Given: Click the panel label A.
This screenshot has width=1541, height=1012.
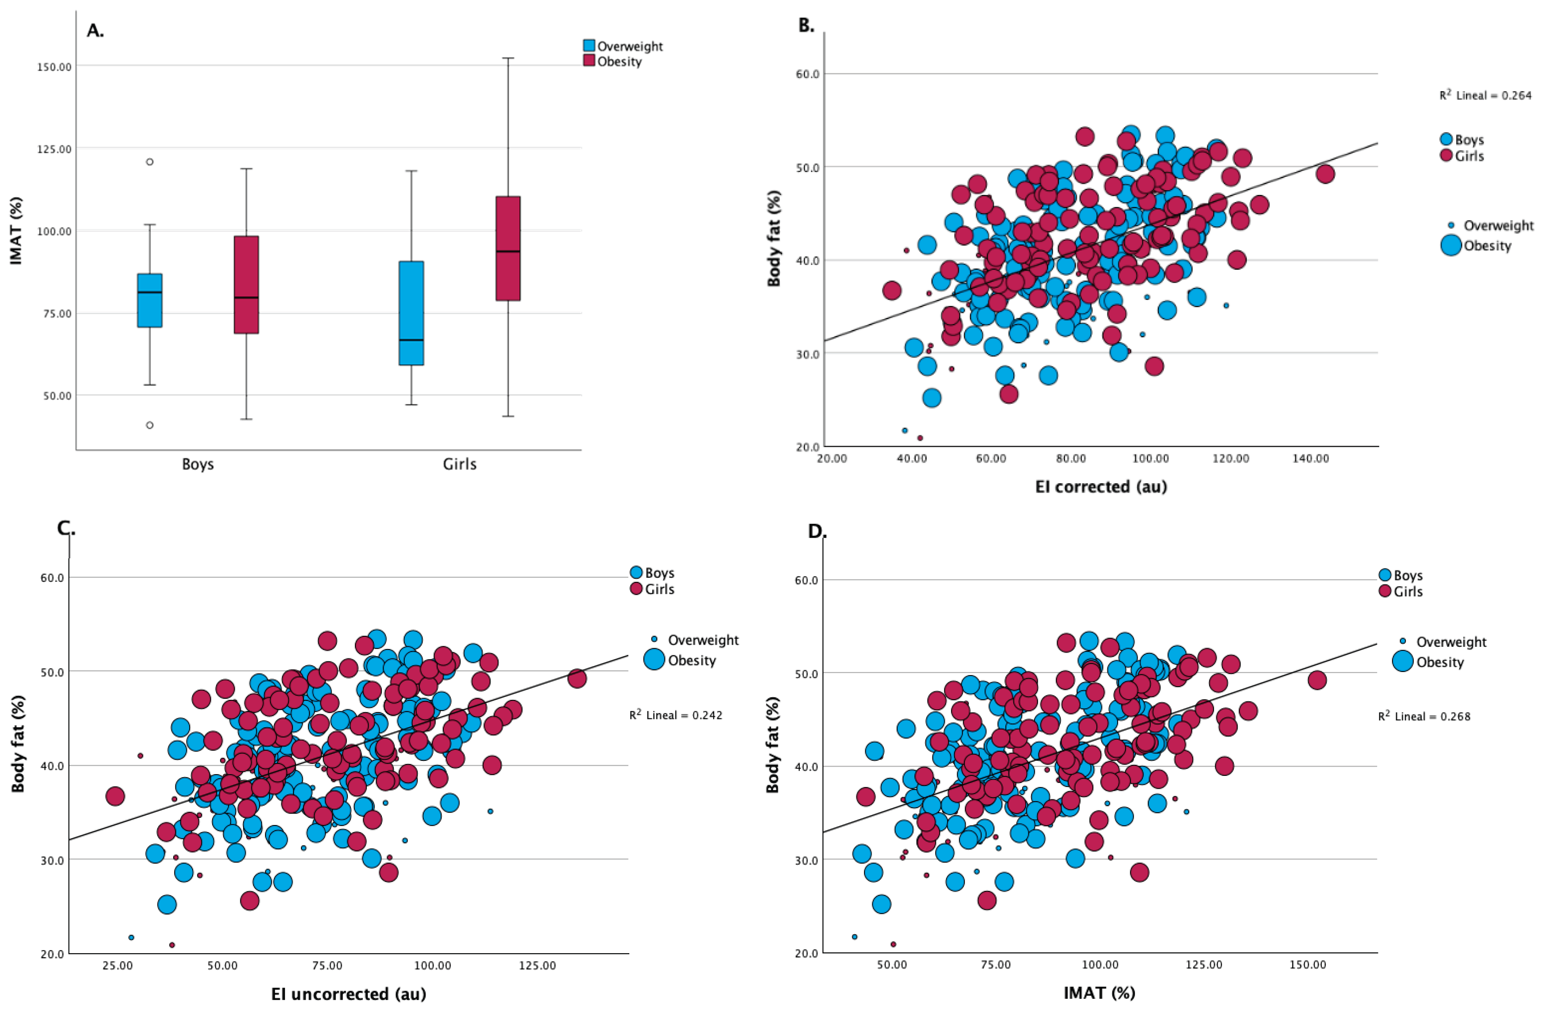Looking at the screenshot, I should pos(95,31).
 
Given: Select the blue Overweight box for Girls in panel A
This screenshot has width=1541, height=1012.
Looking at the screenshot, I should pos(411,313).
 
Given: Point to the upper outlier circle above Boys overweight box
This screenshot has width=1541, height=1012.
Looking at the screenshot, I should pos(149,162).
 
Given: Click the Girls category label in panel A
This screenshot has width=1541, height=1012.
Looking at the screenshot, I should pos(459,464).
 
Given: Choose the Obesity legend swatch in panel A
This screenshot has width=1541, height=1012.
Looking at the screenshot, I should pos(589,61).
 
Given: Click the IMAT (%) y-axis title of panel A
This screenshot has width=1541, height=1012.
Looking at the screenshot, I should pos(16,231).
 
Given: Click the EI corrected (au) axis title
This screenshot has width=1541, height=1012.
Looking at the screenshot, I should pos(1101,487).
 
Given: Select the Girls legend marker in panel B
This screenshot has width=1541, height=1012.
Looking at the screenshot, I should pos(1446,156).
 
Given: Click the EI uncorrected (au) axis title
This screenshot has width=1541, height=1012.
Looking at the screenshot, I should pos(348,994).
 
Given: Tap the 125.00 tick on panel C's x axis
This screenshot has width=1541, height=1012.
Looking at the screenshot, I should pos(537,965).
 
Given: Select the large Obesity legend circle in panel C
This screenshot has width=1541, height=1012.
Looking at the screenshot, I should pos(654,660).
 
